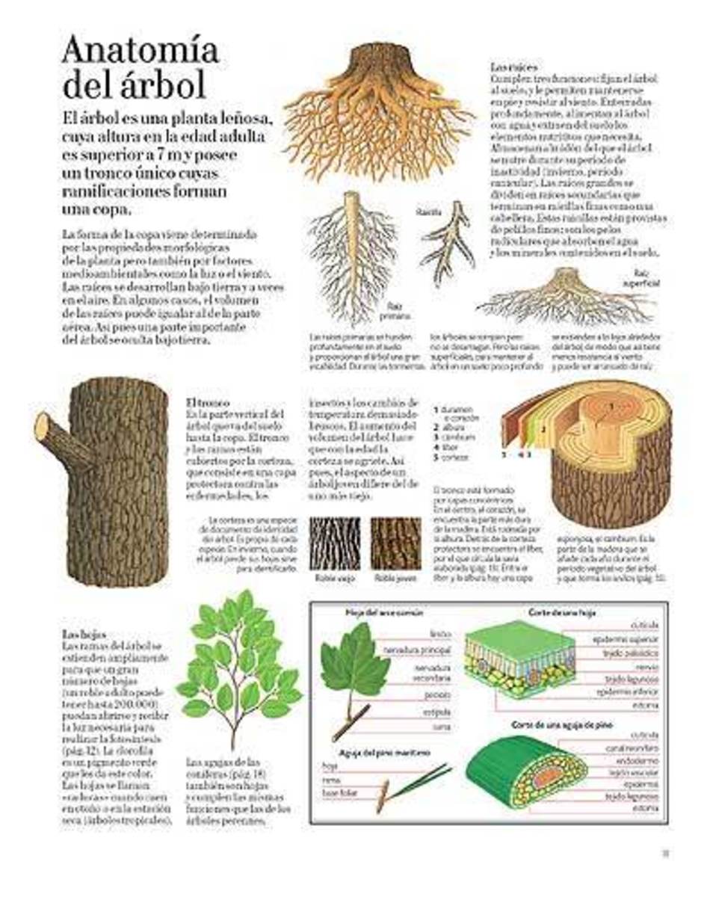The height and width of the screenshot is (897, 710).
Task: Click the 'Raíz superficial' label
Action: click(x=646, y=279)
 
